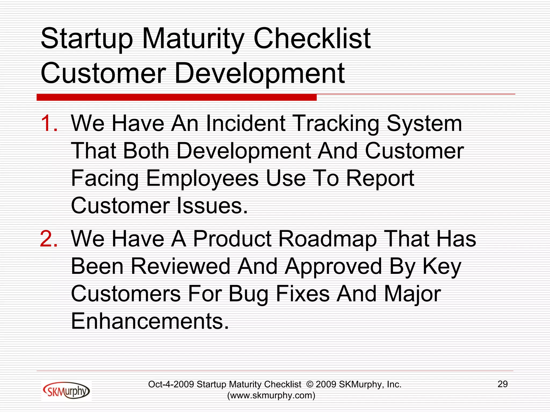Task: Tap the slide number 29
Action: coord(502,384)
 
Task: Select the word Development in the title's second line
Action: coord(259,73)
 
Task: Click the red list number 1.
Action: coord(49,123)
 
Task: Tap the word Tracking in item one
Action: coord(336,124)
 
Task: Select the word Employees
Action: coord(202,179)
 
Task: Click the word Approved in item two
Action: coord(333,267)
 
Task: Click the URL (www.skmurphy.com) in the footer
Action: coord(271,396)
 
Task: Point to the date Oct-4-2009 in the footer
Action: coord(171,384)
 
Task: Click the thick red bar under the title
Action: coord(176,97)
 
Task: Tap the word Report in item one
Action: coord(380,178)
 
